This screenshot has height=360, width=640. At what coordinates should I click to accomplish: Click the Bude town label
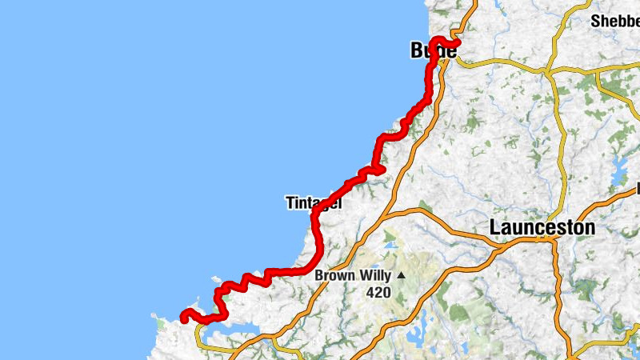pyautogui.click(x=433, y=51)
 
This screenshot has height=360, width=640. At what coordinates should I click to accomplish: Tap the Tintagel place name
pyautogui.click(x=313, y=204)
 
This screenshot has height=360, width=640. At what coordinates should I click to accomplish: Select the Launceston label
pyautogui.click(x=542, y=228)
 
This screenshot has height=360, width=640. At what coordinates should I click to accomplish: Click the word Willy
pyautogui.click(x=374, y=276)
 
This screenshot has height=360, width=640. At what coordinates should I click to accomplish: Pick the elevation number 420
pyautogui.click(x=378, y=293)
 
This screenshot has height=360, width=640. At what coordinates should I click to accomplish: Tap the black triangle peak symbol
pyautogui.click(x=402, y=276)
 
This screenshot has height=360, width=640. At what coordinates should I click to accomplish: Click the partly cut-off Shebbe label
pyautogui.click(x=614, y=21)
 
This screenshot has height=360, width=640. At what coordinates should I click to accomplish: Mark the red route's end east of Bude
pyautogui.click(x=459, y=43)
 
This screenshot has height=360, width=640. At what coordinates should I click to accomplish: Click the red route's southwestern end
pyautogui.click(x=185, y=317)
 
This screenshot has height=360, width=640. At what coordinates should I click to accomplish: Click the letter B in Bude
pyautogui.click(x=416, y=51)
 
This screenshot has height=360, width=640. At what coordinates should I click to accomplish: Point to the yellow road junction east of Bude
pyautogui.click(x=549, y=70)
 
